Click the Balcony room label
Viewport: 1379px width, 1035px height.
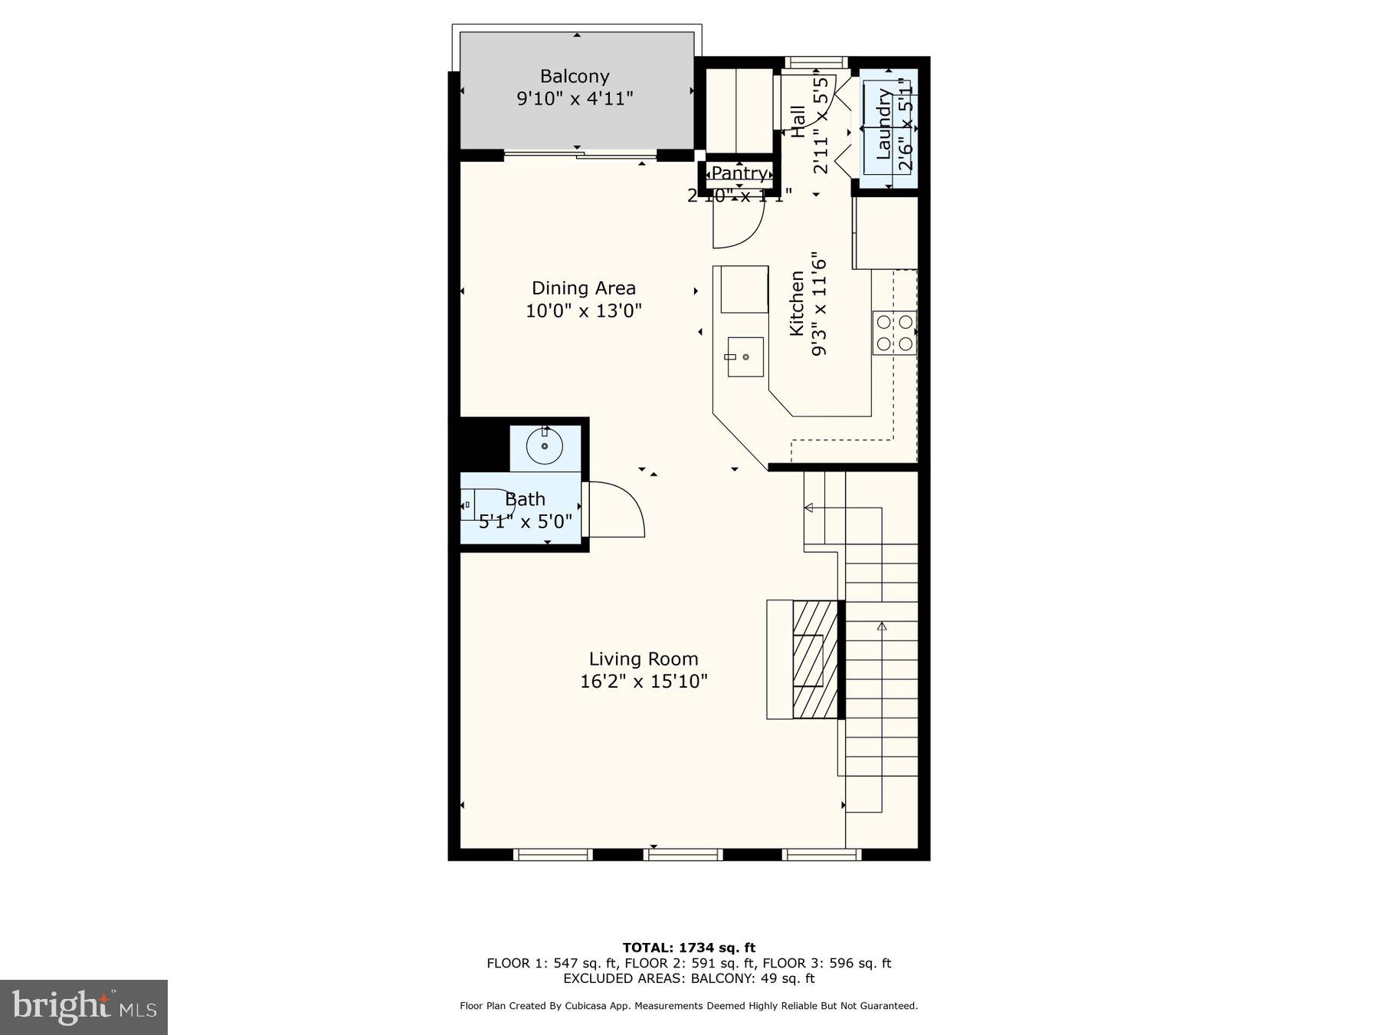coord(575,76)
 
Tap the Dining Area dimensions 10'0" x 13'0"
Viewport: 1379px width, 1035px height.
coord(583,311)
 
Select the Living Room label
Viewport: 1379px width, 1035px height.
coord(644,659)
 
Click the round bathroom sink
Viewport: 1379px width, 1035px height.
coord(545,446)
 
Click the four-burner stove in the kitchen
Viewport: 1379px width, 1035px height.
coord(894,333)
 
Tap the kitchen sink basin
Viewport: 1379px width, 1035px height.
coord(745,357)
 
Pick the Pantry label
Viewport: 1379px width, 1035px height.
coord(739,174)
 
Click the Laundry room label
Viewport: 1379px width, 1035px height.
coord(883,124)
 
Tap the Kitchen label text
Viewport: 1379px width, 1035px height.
coord(797,304)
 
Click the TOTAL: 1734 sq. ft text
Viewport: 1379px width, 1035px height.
coord(689,948)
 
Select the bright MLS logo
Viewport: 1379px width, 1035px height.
coord(84,1007)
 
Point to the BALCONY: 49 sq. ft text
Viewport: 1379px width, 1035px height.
coord(752,978)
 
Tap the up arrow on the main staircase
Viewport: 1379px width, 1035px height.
coord(881,627)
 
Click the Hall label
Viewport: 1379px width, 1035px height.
coord(798,121)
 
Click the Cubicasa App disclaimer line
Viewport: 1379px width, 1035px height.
coord(688,1006)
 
